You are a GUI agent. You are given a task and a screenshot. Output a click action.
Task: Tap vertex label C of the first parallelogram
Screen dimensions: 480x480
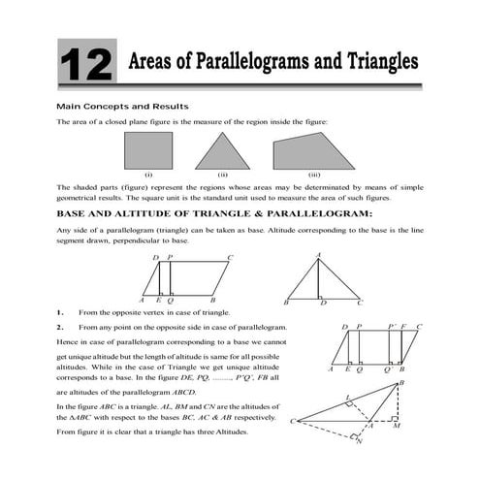[x=229, y=258]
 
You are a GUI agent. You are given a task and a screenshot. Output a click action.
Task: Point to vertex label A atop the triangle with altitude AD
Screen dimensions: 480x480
[x=318, y=255]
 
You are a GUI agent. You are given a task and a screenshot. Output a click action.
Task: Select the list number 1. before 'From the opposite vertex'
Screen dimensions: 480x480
[x=60, y=313]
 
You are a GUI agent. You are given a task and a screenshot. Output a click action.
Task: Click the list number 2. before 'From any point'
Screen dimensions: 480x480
[x=60, y=328]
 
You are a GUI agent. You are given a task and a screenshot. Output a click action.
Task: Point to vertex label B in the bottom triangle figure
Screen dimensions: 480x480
[x=401, y=385]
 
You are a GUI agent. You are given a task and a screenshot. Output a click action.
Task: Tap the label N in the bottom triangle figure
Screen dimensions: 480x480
[x=360, y=444]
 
